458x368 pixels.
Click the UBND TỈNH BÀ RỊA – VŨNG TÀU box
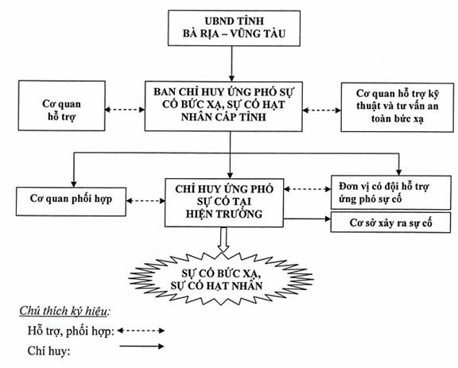click(234, 28)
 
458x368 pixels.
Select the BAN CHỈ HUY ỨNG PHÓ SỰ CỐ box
click(223, 106)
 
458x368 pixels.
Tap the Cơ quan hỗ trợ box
click(62, 106)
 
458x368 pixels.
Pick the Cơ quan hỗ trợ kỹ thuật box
click(398, 107)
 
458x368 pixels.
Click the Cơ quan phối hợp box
click(71, 202)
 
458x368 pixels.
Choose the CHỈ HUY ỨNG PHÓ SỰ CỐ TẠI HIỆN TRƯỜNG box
click(224, 203)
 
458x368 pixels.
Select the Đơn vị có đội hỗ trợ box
click(391, 192)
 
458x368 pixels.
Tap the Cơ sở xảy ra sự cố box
click(390, 223)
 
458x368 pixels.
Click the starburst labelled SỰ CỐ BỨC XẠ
click(221, 279)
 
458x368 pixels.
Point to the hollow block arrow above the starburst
click(223, 239)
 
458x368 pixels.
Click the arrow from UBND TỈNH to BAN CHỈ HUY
click(231, 64)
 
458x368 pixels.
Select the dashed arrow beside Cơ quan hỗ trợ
click(125, 110)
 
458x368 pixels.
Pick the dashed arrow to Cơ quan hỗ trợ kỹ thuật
click(322, 110)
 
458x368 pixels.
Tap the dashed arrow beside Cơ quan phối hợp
click(146, 200)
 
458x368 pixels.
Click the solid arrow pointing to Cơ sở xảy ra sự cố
click(307, 219)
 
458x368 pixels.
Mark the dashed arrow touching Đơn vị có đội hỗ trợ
click(307, 189)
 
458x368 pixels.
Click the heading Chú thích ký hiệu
click(64, 312)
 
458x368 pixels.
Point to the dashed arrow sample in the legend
click(141, 331)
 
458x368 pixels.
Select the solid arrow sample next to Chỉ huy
click(142, 347)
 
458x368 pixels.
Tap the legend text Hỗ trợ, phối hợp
click(71, 331)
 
